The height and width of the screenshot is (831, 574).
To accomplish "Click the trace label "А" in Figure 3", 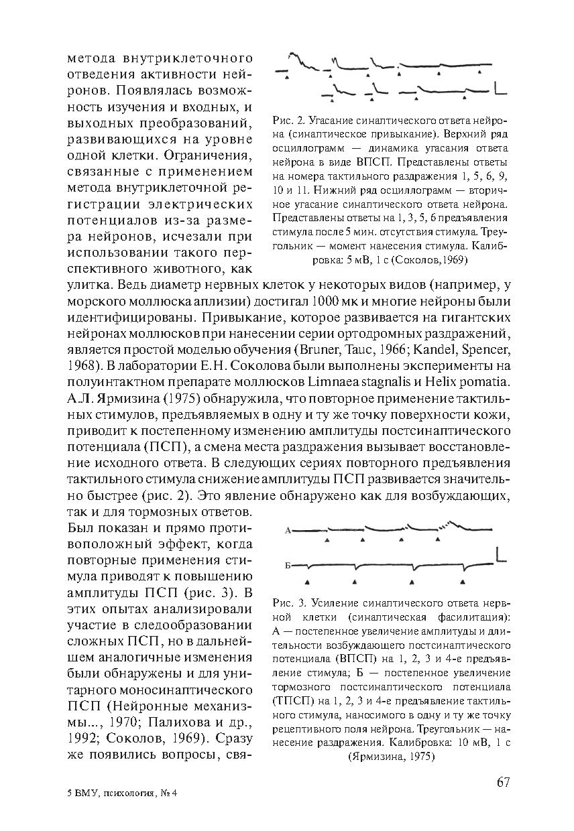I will click(288, 531).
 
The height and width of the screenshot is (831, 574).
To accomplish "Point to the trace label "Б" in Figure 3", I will click(288, 566).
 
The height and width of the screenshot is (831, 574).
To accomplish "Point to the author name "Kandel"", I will click(439, 350).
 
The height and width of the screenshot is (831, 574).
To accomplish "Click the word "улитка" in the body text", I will click(87, 285).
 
